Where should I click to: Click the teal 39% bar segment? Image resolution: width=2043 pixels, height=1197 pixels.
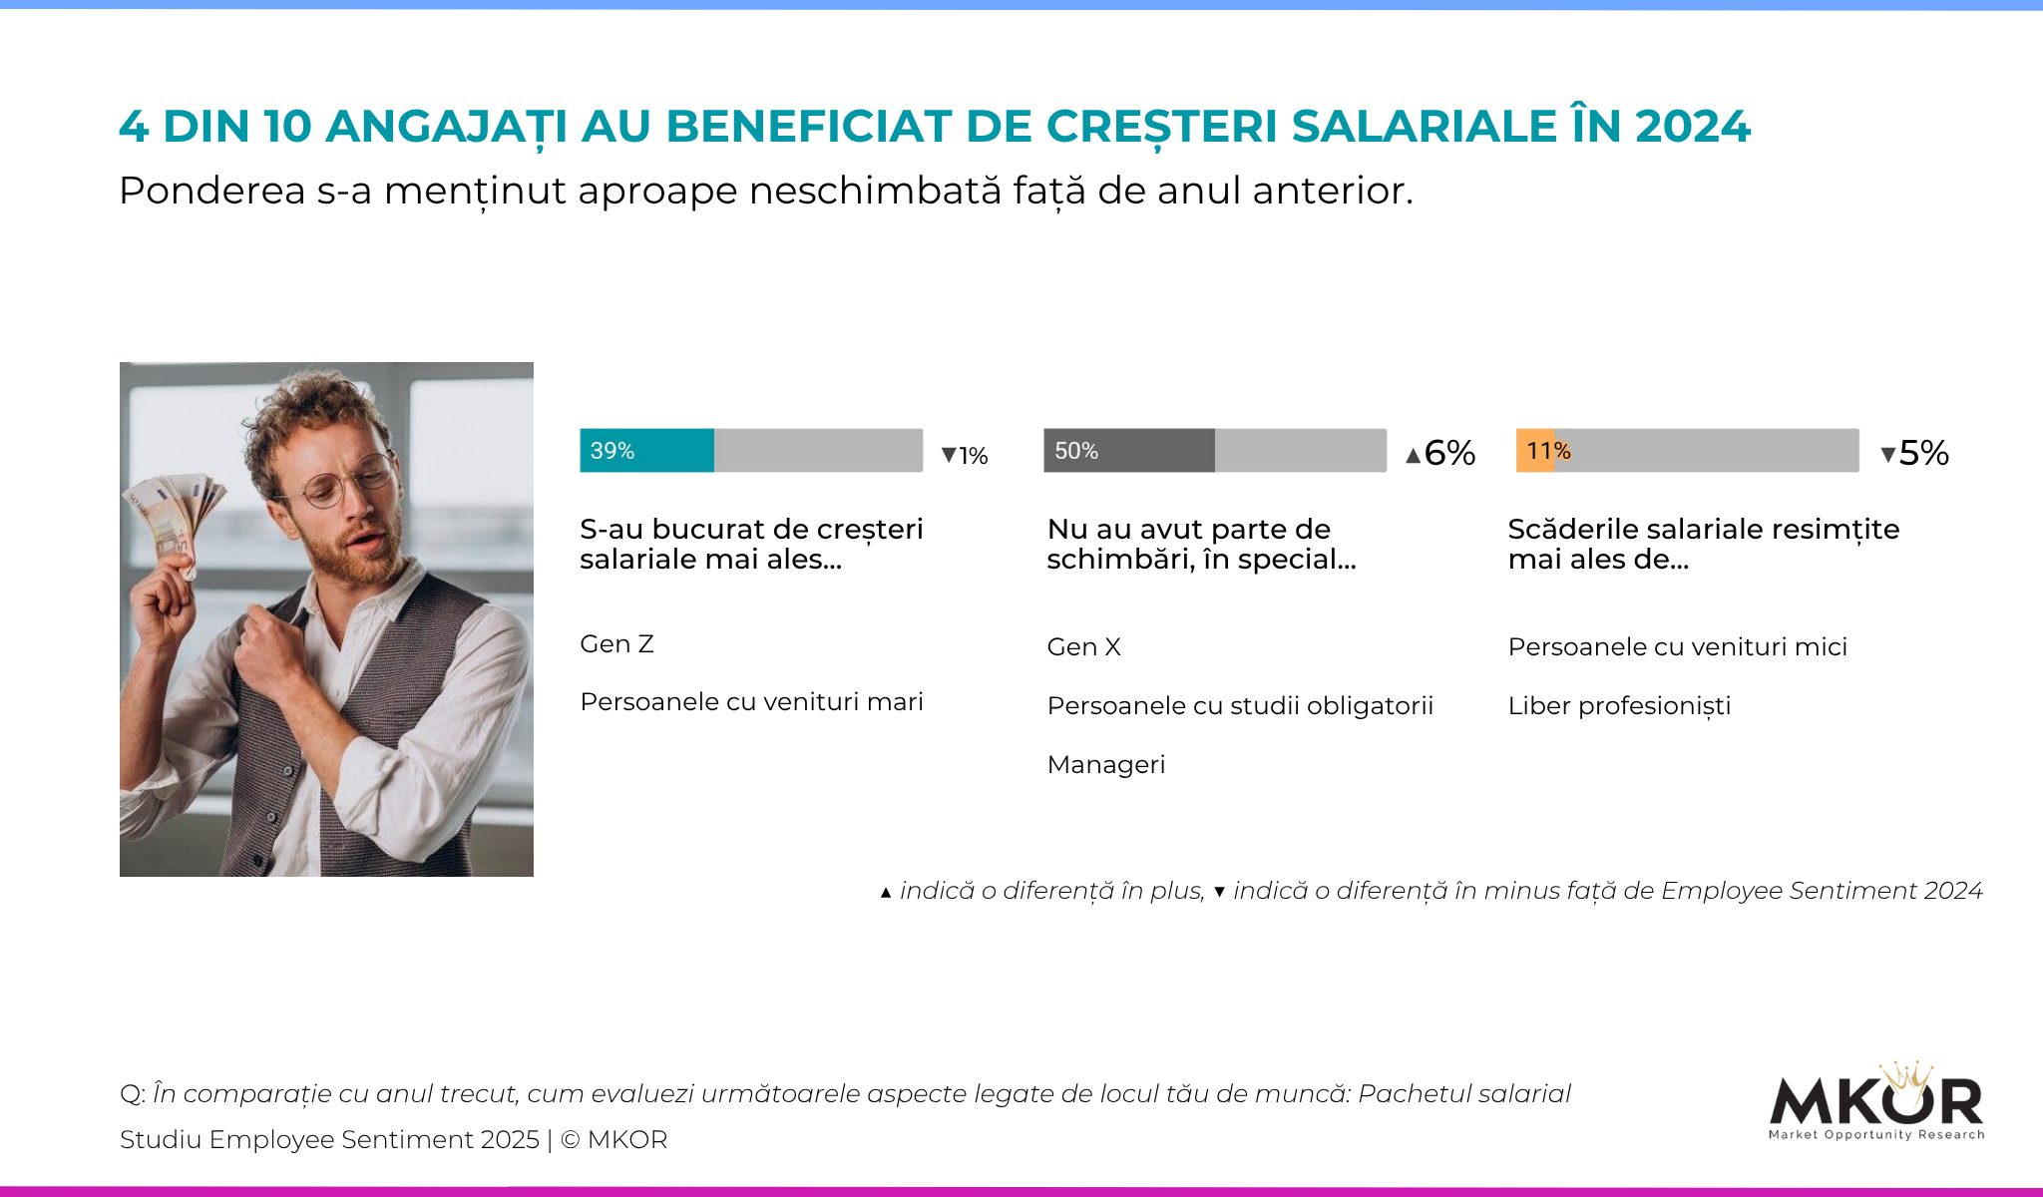(646, 450)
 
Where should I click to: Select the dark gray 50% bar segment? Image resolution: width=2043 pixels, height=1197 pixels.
(1128, 450)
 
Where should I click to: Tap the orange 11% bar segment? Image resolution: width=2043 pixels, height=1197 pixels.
(1535, 450)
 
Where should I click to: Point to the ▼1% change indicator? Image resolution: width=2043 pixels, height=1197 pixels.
(965, 456)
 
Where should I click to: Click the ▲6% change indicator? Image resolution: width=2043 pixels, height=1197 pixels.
(1439, 453)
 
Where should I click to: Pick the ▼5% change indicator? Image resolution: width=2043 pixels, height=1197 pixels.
(1914, 453)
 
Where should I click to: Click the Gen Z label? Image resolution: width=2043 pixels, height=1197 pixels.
(616, 644)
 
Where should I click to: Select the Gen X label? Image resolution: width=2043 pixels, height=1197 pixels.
(1083, 647)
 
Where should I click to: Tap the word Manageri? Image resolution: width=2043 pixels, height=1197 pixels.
(1105, 765)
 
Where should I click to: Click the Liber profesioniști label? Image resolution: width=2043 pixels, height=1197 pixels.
(1619, 706)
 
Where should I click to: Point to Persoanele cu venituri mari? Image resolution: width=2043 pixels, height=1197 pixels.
(751, 702)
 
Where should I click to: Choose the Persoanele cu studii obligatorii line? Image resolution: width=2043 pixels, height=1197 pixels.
(1240, 706)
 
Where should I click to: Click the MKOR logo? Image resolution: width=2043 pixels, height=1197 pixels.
(1875, 1103)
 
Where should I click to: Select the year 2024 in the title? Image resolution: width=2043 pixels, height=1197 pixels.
(1692, 127)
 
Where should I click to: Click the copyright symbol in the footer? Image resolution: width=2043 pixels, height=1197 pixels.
(571, 1139)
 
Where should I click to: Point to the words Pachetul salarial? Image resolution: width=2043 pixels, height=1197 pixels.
(1463, 1094)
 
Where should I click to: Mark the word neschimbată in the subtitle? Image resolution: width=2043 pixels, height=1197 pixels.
(875, 191)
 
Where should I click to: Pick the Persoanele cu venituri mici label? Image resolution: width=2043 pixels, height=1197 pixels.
(1677, 647)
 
